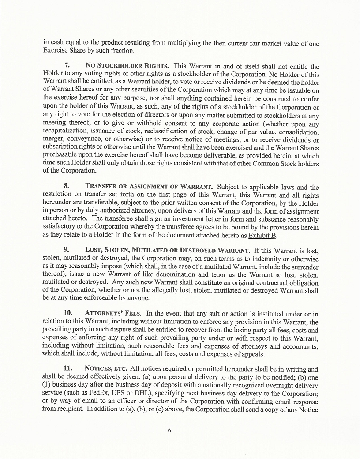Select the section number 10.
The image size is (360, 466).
click(x=68, y=314)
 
